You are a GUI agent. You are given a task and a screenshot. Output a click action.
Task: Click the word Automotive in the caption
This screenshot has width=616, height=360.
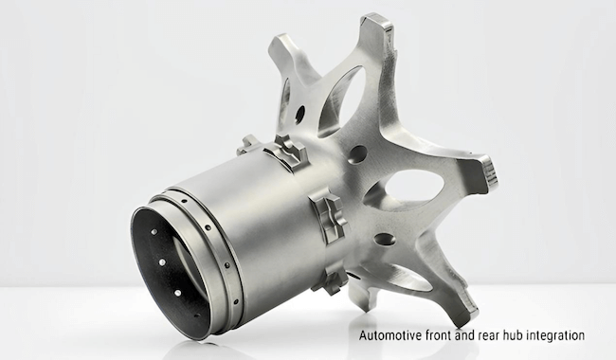tap(389, 335)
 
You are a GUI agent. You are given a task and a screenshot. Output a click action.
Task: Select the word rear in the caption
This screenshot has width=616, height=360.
tap(497, 335)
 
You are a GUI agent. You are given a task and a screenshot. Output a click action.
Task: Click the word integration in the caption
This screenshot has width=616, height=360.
tap(561, 335)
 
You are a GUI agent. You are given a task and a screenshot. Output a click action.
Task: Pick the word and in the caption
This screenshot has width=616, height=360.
tap(471, 335)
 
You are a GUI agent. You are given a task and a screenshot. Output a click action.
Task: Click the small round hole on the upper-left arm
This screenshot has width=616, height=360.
tap(300, 115)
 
